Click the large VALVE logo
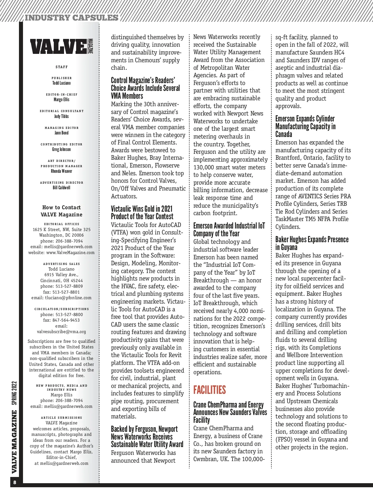click(x=59, y=46)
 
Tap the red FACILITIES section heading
click(x=210, y=390)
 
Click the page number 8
click(x=15, y=483)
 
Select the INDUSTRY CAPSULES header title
click(x=71, y=18)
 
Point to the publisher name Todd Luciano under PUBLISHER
click(x=62, y=83)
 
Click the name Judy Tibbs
click(x=62, y=116)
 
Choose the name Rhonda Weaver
click(x=62, y=171)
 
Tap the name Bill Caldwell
click(x=62, y=188)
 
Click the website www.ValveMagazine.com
click(x=70, y=252)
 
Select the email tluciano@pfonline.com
click(x=68, y=298)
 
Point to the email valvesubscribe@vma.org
click(x=62, y=332)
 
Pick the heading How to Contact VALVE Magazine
click(x=62, y=211)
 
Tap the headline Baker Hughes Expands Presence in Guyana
click(x=312, y=243)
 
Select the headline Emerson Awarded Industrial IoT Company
click(x=229, y=229)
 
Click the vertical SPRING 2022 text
click(x=15, y=394)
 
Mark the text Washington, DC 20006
click(x=62, y=235)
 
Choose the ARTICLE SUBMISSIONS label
click(x=62, y=417)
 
